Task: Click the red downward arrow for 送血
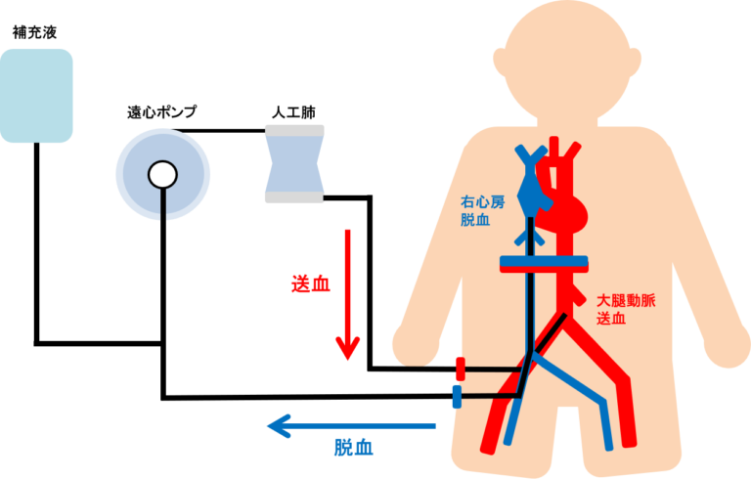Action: point(348,293)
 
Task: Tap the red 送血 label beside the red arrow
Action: point(310,284)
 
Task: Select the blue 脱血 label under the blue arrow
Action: point(353,448)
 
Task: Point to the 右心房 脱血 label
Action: point(482,211)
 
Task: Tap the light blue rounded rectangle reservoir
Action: point(36,95)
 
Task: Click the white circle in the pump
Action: point(162,175)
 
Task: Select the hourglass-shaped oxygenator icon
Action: point(294,163)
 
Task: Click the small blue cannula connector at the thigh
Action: point(456,396)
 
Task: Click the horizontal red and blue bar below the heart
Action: point(543,262)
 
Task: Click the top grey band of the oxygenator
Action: point(294,130)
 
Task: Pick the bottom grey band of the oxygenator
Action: point(294,196)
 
